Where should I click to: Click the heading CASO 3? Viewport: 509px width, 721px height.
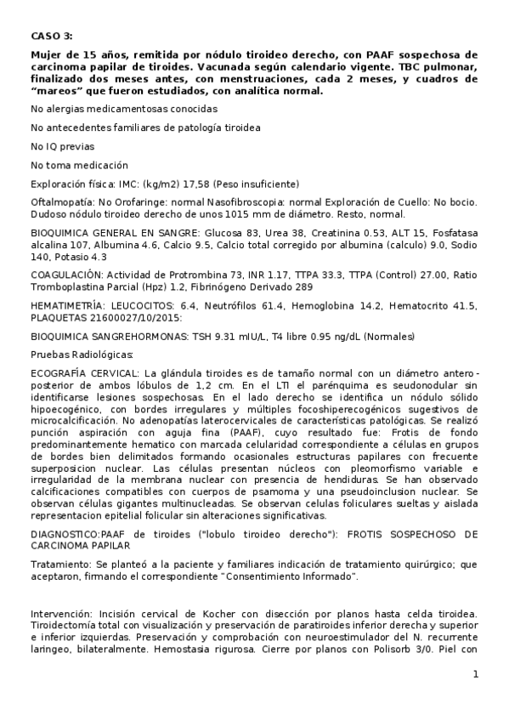tap(51, 35)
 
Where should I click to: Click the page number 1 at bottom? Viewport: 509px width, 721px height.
tap(476, 675)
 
